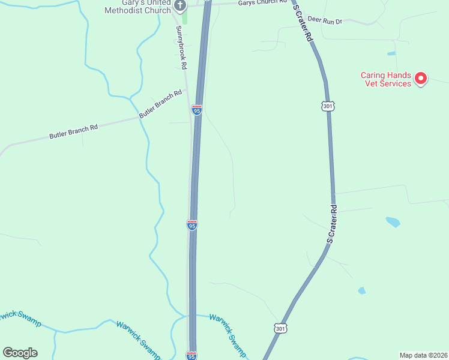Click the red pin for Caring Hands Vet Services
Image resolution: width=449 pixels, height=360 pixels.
[421, 78]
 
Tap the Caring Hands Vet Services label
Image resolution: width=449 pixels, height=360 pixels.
[386, 79]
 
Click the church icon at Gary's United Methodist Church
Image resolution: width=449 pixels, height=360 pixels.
[179, 5]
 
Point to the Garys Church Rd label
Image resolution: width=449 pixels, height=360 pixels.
[262, 3]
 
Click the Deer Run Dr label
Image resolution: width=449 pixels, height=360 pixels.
[325, 20]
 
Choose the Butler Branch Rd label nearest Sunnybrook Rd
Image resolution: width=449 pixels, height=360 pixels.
[160, 104]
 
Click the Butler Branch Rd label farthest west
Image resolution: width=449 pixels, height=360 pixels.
[73, 133]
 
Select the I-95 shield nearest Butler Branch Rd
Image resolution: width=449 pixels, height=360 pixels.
[197, 110]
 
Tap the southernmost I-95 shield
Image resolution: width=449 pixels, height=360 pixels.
[191, 355]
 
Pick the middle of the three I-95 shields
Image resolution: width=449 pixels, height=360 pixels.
[192, 224]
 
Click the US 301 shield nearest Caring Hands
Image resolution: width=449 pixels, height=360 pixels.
[327, 106]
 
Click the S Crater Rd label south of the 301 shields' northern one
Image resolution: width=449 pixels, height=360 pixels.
[332, 223]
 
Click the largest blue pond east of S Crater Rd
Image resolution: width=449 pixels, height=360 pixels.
[393, 222]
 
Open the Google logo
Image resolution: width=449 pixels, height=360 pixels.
[20, 352]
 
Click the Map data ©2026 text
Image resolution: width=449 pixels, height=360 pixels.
[423, 355]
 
